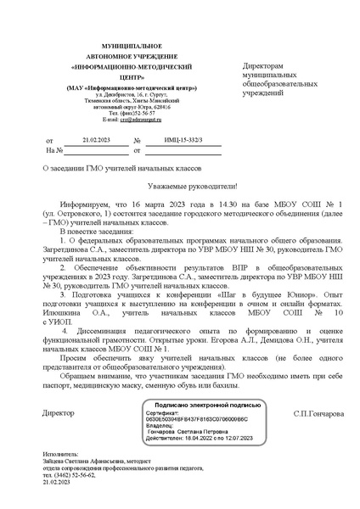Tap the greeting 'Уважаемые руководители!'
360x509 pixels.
point(181,185)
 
